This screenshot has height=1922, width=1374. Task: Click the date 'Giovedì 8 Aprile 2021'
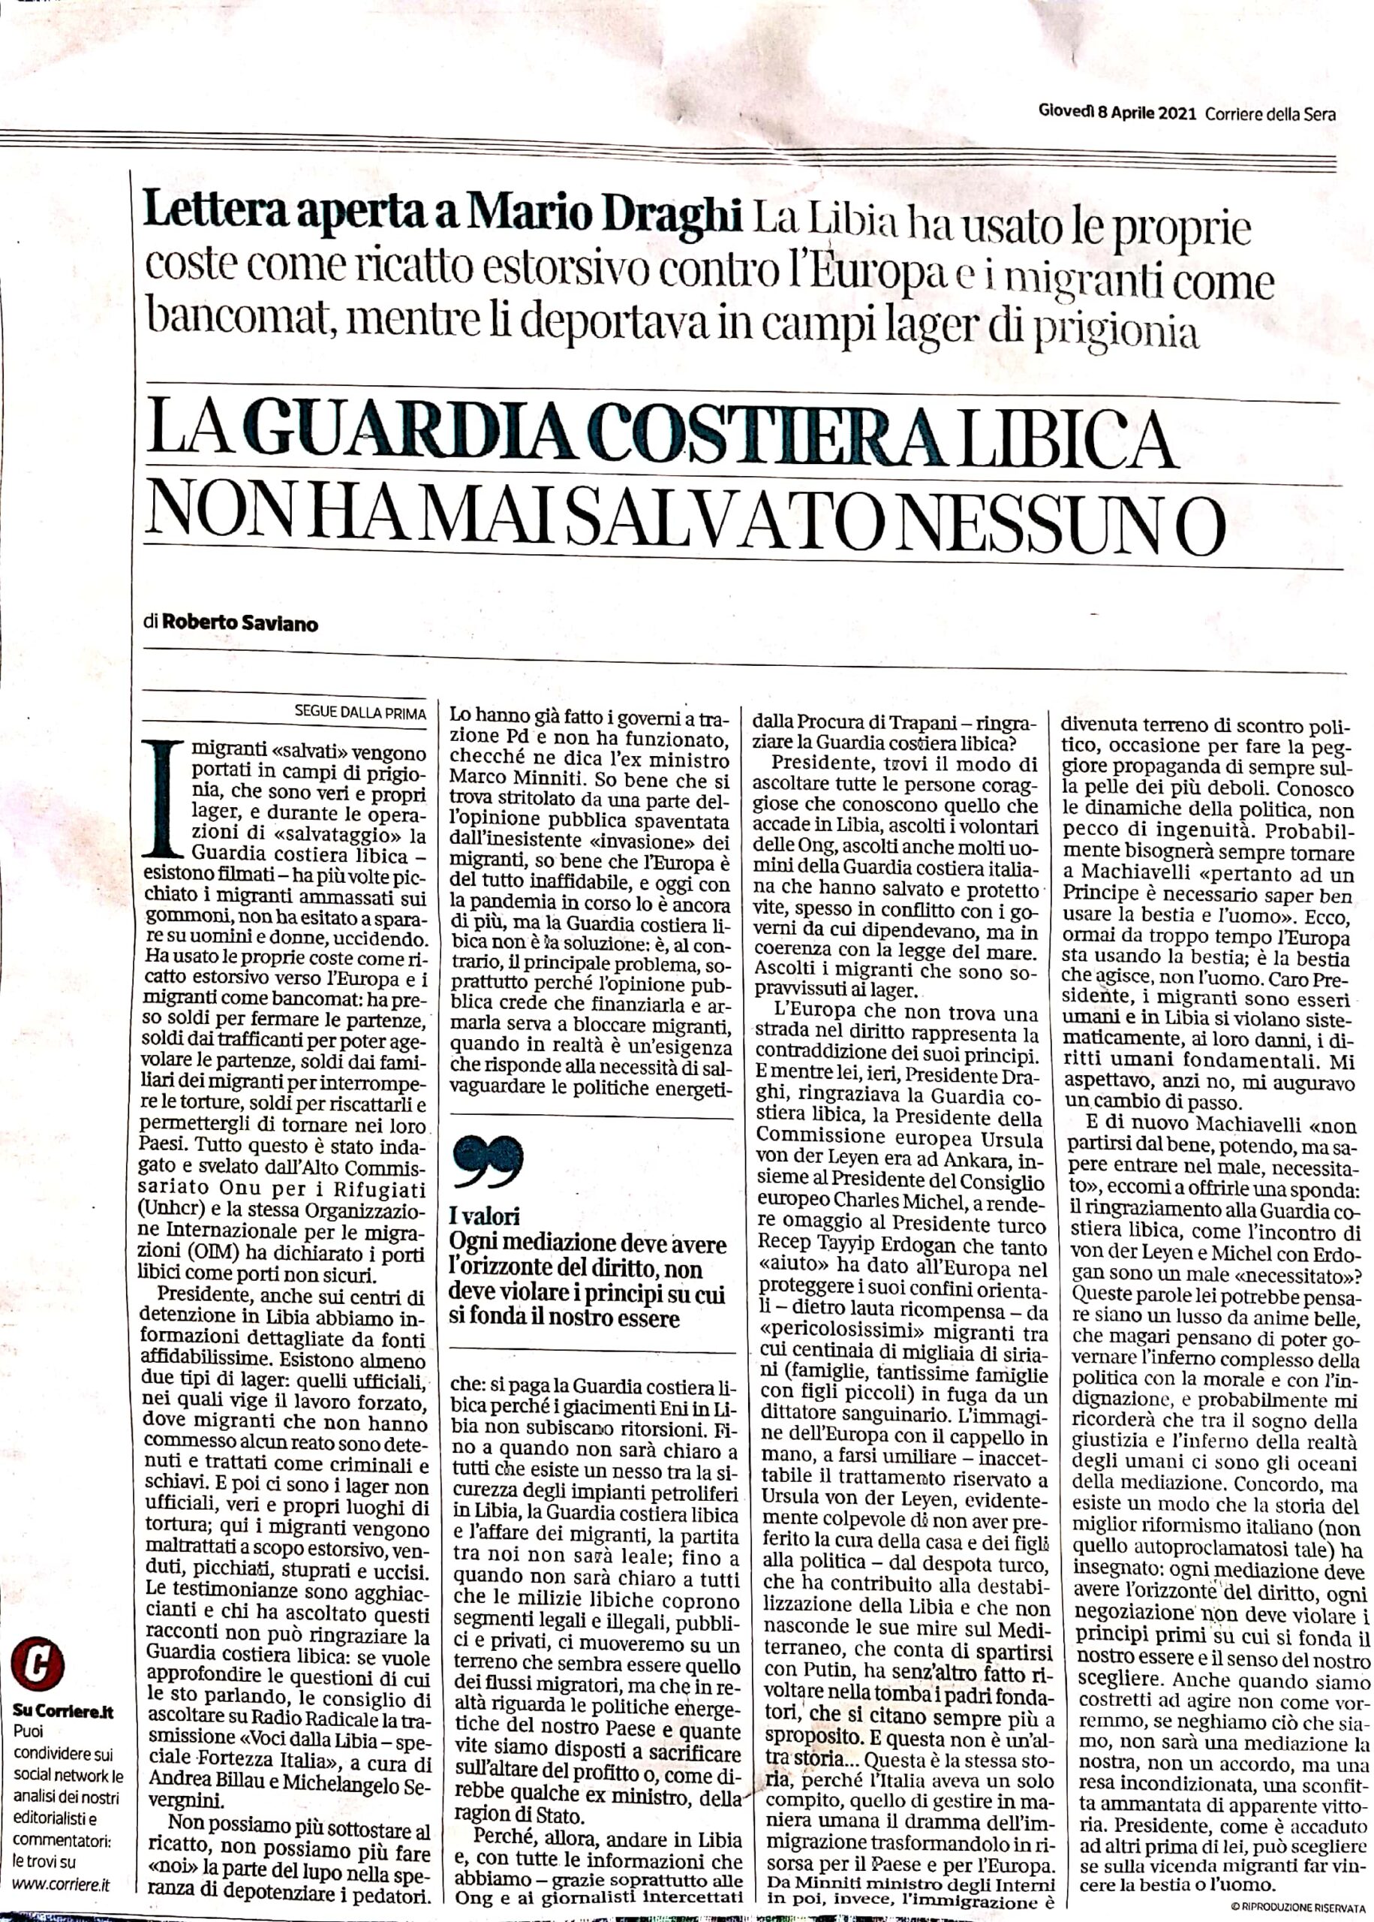(x=1116, y=115)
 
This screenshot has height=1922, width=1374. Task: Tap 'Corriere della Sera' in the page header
(x=1270, y=115)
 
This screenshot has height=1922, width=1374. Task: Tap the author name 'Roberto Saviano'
(x=240, y=625)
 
